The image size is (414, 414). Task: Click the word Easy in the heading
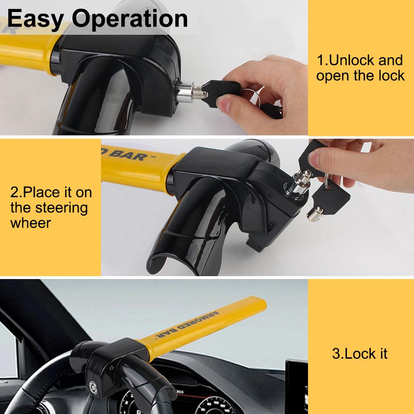point(35,19)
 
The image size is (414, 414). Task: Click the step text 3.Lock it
point(360,354)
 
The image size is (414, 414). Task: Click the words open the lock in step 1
point(360,76)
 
